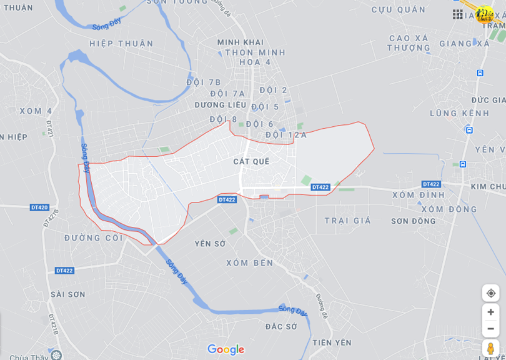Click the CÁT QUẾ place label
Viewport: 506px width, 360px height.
coord(251,161)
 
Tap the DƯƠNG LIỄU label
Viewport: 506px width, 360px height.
coord(220,105)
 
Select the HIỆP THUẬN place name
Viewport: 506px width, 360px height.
coord(121,44)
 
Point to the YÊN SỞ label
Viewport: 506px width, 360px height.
coord(210,244)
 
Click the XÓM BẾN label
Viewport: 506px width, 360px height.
coord(250,263)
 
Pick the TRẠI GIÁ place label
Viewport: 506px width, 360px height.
coord(347,221)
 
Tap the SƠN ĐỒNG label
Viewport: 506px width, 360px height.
coord(414,221)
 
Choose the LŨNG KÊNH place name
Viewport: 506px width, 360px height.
coord(460,114)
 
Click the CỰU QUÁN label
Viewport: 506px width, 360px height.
coord(399,10)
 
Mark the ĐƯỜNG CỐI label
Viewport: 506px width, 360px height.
coord(94,238)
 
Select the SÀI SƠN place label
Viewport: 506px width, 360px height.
coord(67,294)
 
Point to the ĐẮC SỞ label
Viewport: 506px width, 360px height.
coord(281,327)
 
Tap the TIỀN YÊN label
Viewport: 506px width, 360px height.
coord(332,342)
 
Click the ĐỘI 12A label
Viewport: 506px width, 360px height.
coord(286,135)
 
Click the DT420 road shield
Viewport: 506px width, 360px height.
coord(39,207)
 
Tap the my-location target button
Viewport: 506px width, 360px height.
coord(490,293)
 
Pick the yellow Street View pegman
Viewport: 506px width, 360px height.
coord(490,348)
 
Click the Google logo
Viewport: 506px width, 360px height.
coord(226,350)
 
